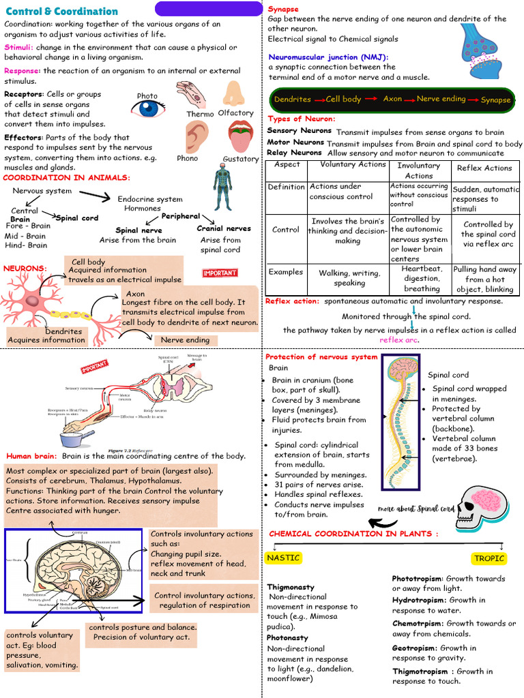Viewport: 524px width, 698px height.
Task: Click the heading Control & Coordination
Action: click(61, 12)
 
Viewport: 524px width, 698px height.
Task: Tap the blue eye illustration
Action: click(147, 108)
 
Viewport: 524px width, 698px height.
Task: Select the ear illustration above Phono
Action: click(196, 137)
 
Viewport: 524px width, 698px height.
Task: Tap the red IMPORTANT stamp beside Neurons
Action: click(220, 273)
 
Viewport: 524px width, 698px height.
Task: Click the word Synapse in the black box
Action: click(495, 100)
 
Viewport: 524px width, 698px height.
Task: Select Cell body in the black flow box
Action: click(343, 99)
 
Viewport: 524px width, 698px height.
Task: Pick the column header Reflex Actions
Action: click(484, 168)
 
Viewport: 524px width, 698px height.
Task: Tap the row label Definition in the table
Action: click(286, 187)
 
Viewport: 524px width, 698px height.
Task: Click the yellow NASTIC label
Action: click(283, 558)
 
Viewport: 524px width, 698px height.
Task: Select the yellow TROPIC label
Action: click(489, 558)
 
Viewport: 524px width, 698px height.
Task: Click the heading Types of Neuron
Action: click(301, 119)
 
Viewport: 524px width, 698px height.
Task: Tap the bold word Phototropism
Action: click(417, 578)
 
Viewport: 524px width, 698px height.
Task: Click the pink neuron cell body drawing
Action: click(32, 301)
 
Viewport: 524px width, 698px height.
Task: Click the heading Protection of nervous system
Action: click(321, 357)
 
